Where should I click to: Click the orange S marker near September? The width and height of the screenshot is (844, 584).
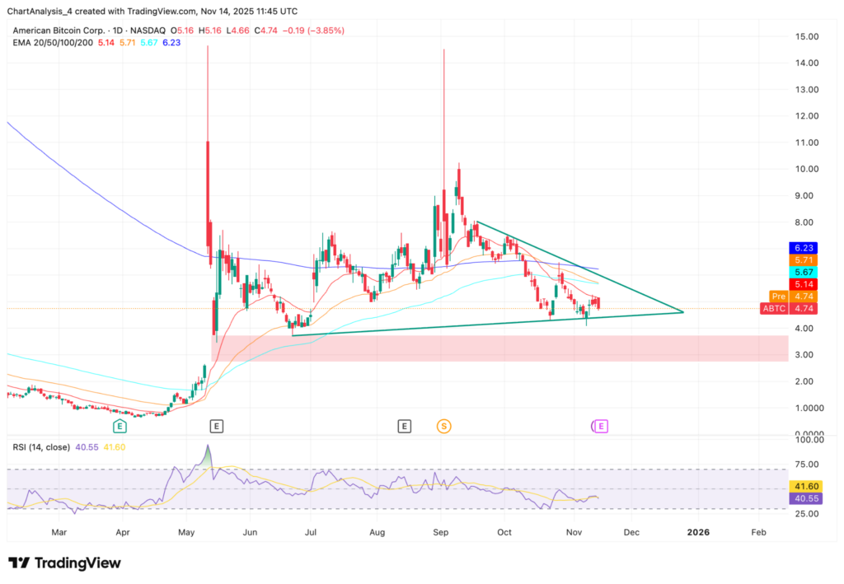(444, 426)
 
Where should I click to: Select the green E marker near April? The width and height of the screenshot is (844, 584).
(120, 426)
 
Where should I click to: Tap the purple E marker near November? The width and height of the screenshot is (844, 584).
(601, 426)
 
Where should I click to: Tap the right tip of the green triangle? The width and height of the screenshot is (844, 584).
(684, 312)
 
